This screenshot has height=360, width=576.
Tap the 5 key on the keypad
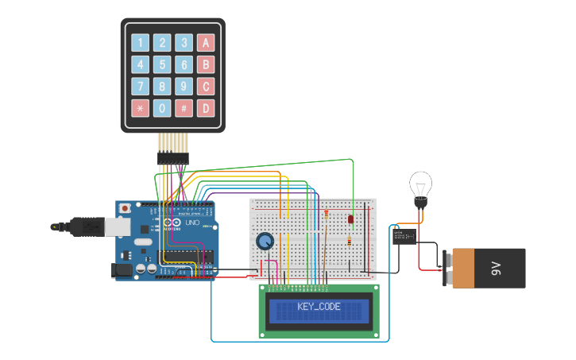point(162,64)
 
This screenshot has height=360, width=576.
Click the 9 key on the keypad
point(184,86)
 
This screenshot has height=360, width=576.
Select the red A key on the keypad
point(206,43)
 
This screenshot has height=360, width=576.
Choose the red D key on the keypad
point(206,107)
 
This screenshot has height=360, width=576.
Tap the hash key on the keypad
point(184,107)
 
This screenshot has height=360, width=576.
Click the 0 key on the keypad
point(162,107)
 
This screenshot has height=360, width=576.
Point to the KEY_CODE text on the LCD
point(319,307)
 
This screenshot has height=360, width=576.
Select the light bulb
point(419,187)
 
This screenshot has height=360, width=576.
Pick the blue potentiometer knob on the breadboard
point(265,241)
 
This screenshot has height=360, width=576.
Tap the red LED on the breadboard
point(350,219)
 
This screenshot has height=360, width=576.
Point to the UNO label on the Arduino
point(191,223)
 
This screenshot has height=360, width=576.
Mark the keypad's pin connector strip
point(172,159)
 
